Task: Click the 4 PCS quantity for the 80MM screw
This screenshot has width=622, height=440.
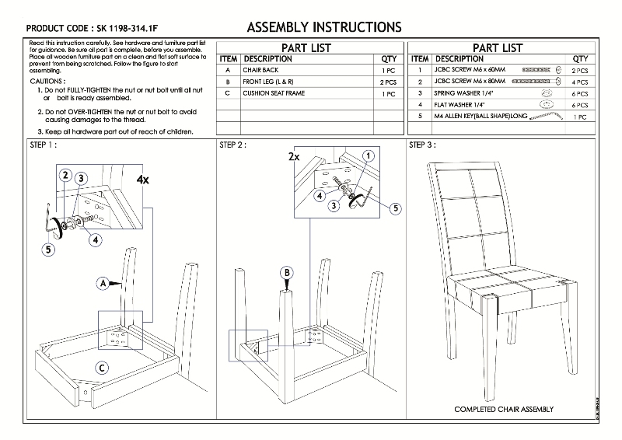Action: [579, 82]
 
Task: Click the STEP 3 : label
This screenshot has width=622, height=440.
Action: [422, 145]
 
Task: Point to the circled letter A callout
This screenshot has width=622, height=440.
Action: [103, 284]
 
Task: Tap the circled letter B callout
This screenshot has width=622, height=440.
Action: [287, 272]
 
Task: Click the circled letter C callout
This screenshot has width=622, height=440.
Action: [102, 367]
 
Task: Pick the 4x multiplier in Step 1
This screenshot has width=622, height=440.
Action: [142, 179]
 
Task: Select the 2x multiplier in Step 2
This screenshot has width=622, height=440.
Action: [293, 156]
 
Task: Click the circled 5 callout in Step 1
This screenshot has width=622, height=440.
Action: [48, 250]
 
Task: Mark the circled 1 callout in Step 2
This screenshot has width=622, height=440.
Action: [367, 155]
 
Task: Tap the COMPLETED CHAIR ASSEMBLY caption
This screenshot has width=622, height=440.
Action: [504, 409]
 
